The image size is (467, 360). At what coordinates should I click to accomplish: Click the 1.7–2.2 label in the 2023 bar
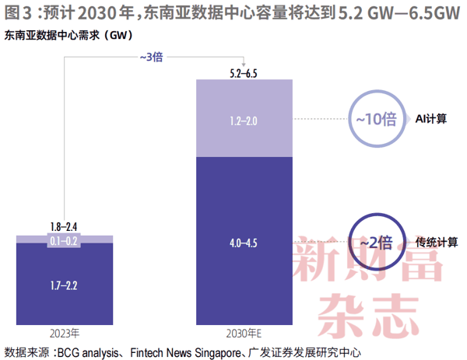pos(64,285)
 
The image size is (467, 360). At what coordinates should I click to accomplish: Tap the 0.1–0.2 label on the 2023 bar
pos(64,241)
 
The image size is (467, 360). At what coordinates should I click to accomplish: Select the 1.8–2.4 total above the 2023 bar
pos(64,227)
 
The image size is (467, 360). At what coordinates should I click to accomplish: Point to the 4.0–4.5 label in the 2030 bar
pos(244,243)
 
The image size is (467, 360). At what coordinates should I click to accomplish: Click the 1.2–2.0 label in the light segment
pos(244,121)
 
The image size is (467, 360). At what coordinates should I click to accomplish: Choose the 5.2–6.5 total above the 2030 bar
pos(244,73)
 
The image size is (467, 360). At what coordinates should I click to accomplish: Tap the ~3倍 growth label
pos(151,57)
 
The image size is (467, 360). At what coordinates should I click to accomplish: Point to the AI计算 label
pos(431,119)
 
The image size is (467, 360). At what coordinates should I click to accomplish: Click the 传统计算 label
pos(437,242)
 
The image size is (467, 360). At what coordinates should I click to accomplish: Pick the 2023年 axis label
pos(65,334)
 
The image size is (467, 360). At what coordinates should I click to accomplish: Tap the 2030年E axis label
pos(244,334)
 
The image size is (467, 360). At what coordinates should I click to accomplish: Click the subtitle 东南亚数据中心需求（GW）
pos(68,36)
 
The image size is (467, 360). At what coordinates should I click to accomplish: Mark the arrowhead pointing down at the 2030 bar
pos(244,65)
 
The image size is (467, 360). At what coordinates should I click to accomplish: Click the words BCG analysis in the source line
pos(88,353)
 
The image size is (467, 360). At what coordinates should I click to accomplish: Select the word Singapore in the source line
pos(218,353)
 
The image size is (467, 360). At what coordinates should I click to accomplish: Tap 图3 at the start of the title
pos(18,12)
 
